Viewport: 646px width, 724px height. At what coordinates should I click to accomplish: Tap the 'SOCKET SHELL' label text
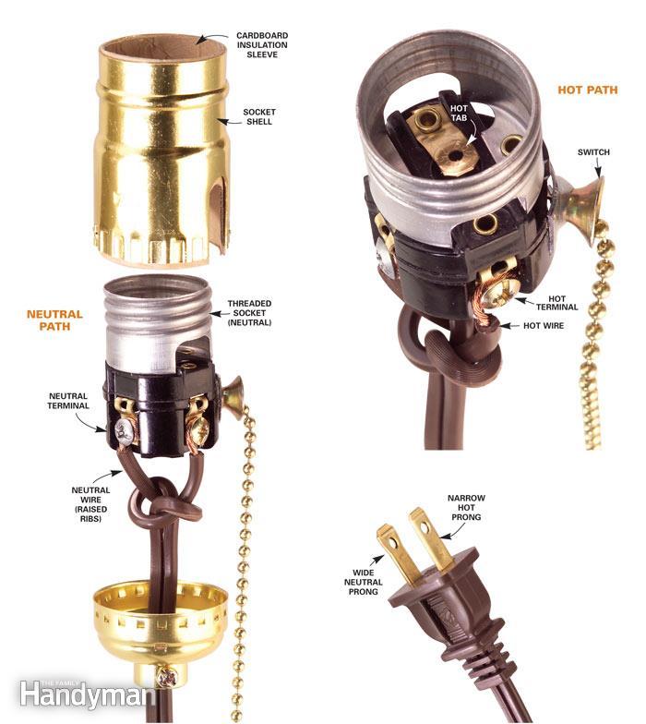click(260, 116)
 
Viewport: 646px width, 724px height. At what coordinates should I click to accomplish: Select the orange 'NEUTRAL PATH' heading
click(54, 320)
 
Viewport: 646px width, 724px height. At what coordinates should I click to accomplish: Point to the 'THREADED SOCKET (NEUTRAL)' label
click(250, 316)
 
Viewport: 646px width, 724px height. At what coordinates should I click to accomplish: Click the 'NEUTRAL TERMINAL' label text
click(68, 401)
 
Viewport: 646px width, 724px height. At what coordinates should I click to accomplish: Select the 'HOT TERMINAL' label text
click(569, 305)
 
